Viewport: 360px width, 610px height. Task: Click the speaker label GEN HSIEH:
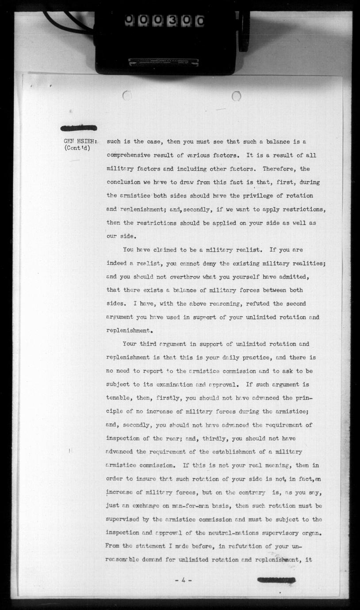click(x=80, y=141)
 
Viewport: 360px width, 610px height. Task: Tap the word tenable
click(x=119, y=398)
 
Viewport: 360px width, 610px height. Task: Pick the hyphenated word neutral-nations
click(x=240, y=533)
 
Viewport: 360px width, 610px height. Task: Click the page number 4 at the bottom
click(x=182, y=580)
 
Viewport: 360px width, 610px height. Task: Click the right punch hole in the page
click(x=236, y=95)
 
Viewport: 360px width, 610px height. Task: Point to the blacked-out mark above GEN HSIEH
click(x=79, y=128)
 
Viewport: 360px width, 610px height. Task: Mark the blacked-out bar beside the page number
click(x=276, y=580)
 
